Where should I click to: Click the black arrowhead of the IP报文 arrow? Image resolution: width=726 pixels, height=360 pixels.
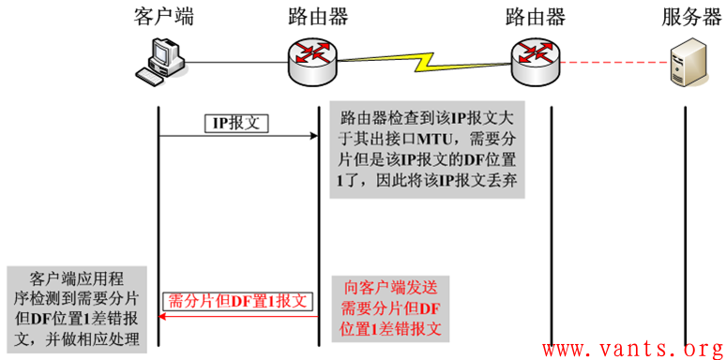312,137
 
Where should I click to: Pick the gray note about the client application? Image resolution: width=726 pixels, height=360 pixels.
77,310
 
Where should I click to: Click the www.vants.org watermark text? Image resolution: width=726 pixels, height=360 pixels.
634,349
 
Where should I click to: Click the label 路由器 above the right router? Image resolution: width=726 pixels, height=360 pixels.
535,16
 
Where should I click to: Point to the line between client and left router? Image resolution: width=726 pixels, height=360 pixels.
230,63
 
